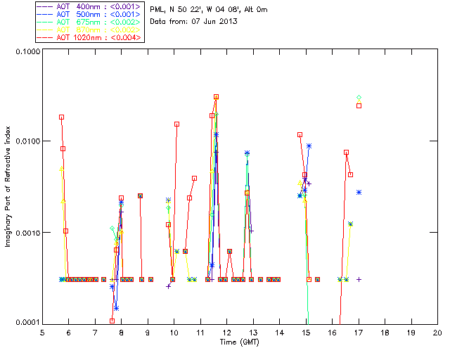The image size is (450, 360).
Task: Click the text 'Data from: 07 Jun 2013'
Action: click(x=194, y=21)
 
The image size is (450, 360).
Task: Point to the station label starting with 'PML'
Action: click(x=208, y=9)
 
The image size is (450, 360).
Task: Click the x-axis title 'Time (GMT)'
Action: click(x=240, y=341)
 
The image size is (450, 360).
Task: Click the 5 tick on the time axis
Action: click(x=42, y=331)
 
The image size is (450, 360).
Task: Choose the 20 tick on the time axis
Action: click(x=437, y=331)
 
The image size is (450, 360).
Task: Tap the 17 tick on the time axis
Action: click(x=359, y=331)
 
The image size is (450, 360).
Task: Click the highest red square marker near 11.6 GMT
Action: click(x=216, y=96)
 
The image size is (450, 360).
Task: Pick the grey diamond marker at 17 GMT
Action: click(x=359, y=98)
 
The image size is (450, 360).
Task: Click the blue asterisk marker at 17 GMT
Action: click(x=359, y=192)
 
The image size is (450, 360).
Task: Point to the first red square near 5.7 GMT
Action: click(x=61, y=117)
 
